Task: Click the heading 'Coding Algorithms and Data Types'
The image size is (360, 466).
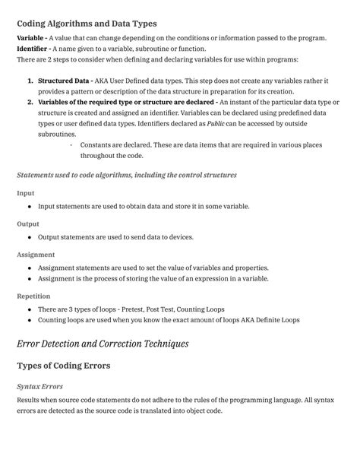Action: pyautogui.click(x=87, y=24)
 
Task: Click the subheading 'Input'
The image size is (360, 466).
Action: pyautogui.click(x=25, y=193)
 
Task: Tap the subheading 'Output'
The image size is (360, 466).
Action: pyautogui.click(x=28, y=224)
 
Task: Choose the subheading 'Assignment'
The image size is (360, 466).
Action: pyautogui.click(x=36, y=255)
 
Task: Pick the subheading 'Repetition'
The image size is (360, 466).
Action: pyautogui.click(x=35, y=296)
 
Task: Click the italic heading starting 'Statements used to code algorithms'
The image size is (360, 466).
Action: pyautogui.click(x=127, y=175)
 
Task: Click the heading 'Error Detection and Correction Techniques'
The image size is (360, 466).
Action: pyautogui.click(x=103, y=344)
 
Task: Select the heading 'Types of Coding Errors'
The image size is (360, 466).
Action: pyautogui.click(x=64, y=366)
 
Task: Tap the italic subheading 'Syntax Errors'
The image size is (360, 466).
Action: pyautogui.click(x=39, y=386)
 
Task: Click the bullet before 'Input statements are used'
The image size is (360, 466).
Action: pyautogui.click(x=29, y=207)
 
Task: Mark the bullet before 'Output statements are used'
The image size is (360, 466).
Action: pyautogui.click(x=29, y=237)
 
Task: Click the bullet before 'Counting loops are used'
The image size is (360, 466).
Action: pyautogui.click(x=29, y=320)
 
